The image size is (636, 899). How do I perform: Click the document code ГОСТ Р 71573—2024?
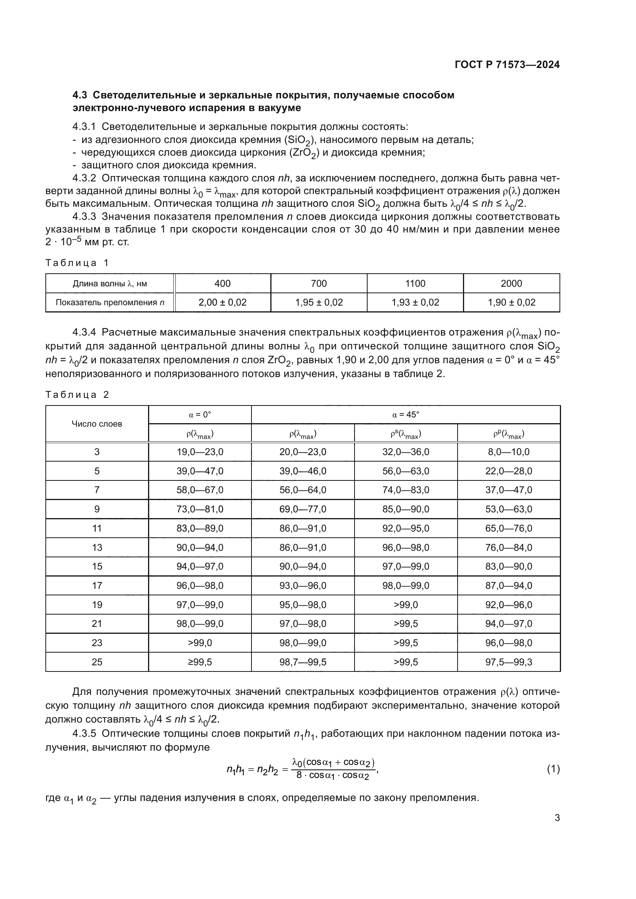pos(507,65)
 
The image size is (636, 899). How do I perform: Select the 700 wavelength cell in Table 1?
pos(318,284)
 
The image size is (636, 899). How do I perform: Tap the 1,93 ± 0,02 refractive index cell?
pos(415,302)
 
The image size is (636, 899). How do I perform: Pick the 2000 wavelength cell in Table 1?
pos(511,284)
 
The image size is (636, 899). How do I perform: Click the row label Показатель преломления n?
pos(110,302)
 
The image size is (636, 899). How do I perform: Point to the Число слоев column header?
pos(97,424)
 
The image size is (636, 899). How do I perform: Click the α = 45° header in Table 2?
pos(405,415)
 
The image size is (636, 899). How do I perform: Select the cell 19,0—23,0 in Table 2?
pos(200,452)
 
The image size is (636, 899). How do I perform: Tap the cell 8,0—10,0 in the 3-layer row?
pos(508,452)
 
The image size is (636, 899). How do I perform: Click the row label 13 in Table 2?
pos(97,547)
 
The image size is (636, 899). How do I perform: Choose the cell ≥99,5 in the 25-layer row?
pos(200,662)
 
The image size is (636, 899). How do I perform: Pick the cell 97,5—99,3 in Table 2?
pos(508,662)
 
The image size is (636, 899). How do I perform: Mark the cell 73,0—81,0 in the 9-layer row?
pos(200,509)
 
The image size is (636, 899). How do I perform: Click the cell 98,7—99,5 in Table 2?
pos(303,662)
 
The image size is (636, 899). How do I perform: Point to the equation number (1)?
pos(553,769)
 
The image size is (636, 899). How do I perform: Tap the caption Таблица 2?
pos(77,394)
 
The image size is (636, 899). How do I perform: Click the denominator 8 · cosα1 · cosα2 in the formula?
pos(333,776)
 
